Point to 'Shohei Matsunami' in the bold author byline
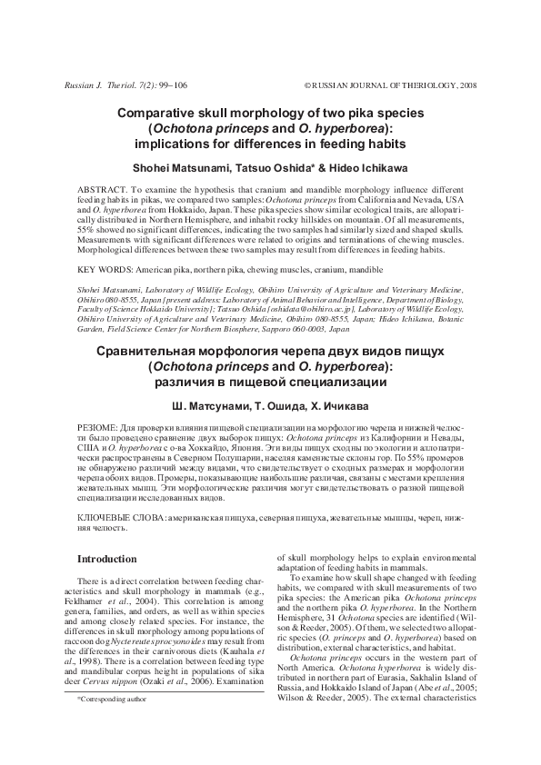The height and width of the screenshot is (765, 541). [x=199, y=168]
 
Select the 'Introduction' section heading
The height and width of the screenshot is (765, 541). [x=105, y=559]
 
